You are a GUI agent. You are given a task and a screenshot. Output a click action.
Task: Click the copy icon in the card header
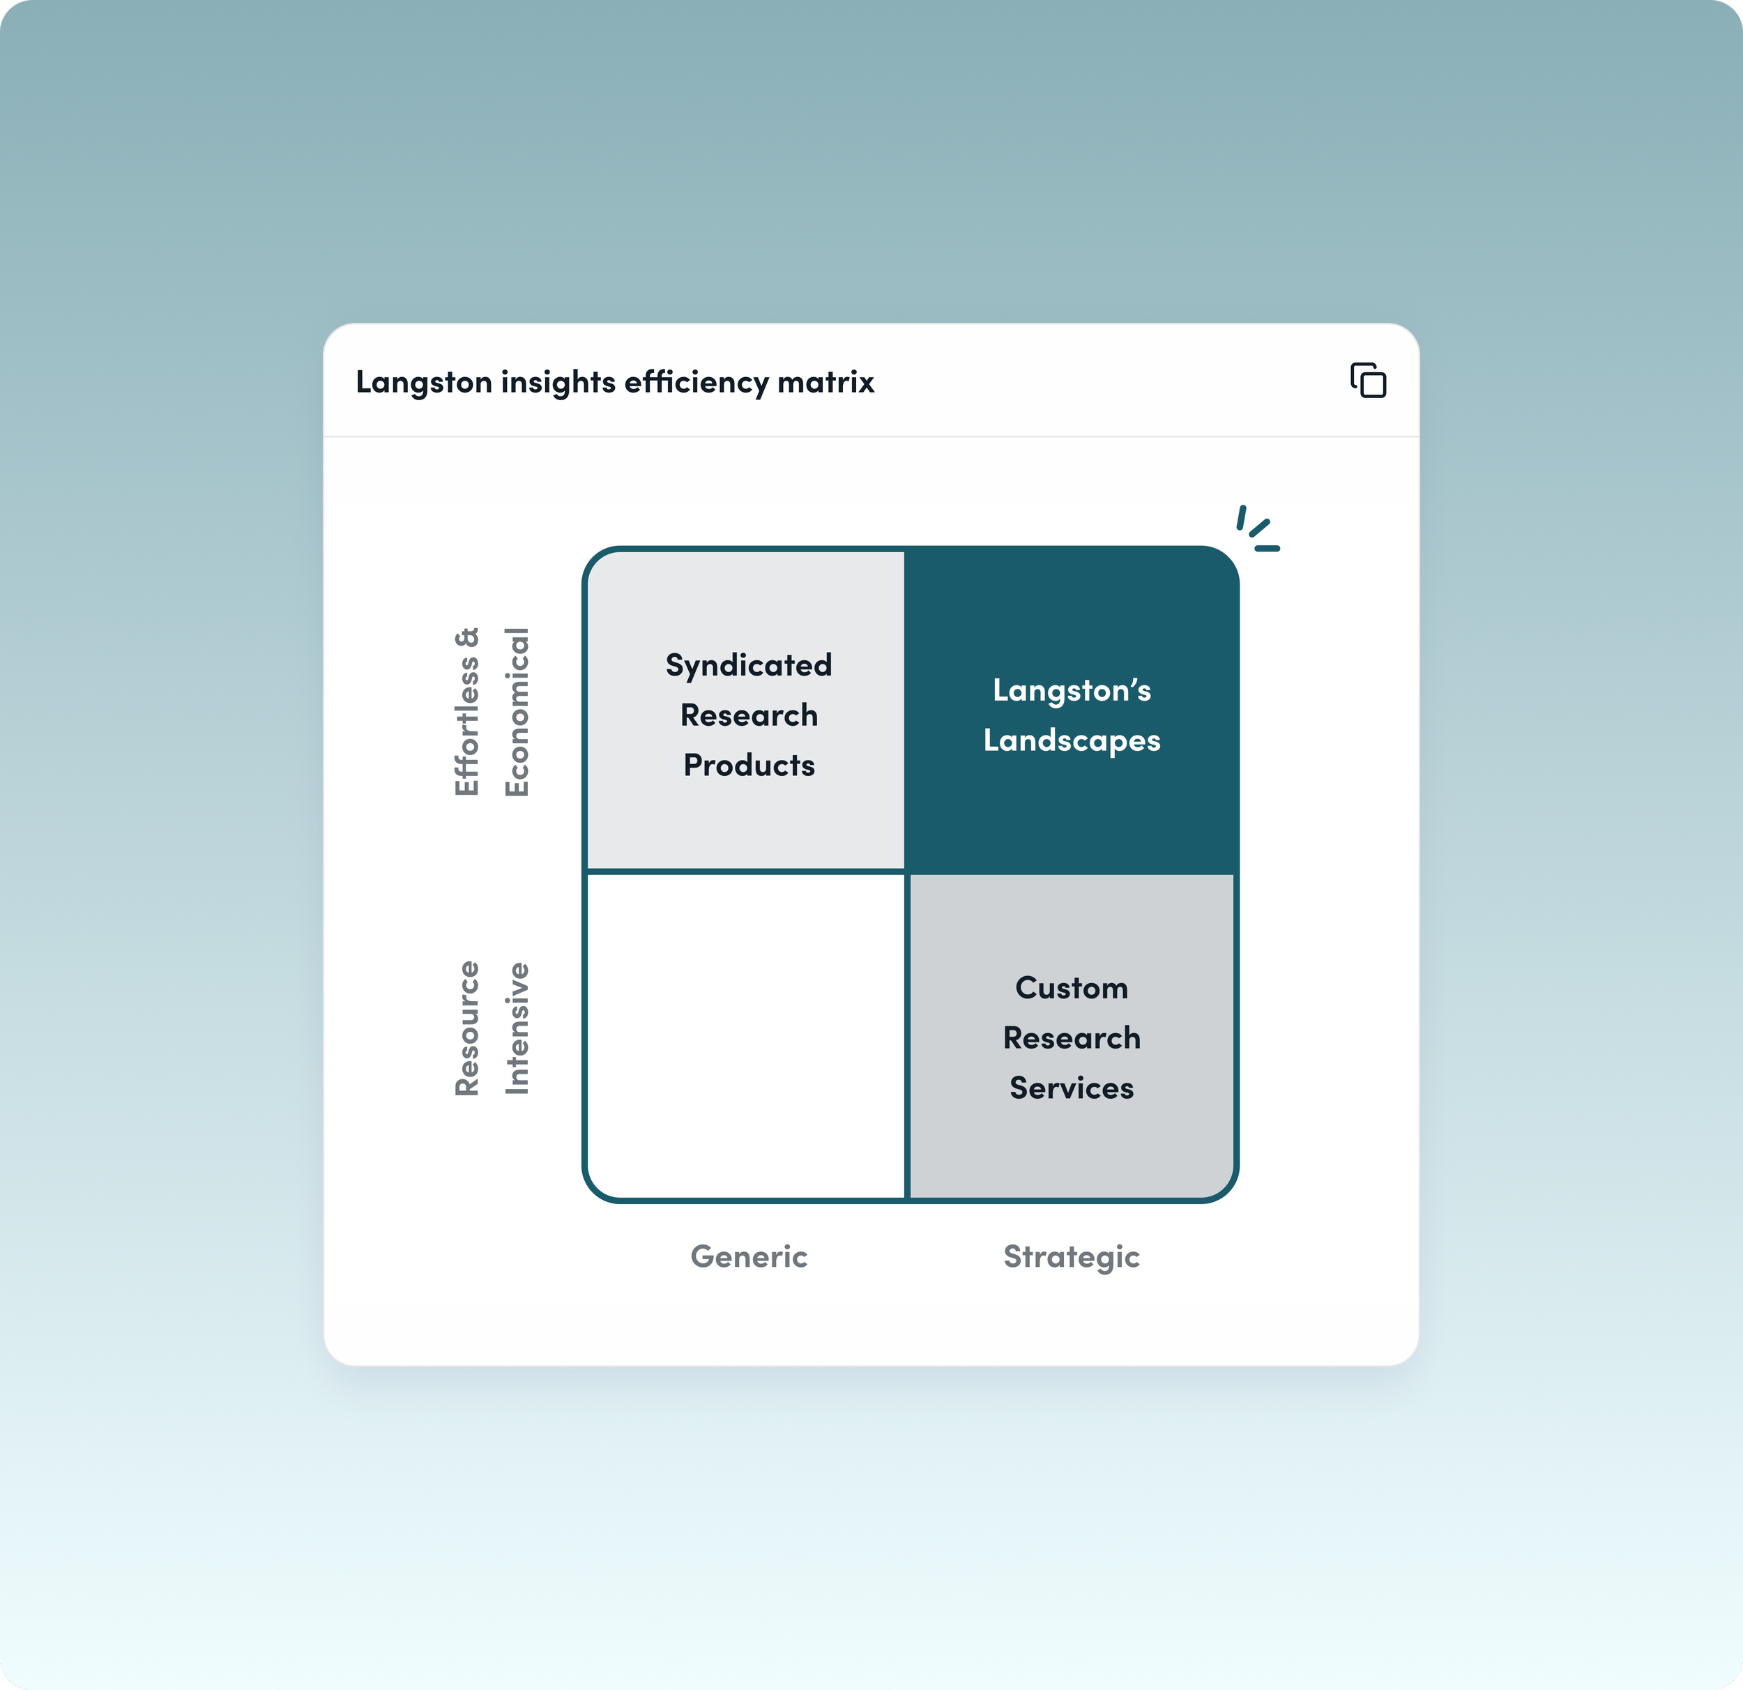pyautogui.click(x=1368, y=381)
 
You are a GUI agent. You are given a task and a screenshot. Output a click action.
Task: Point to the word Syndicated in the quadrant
pyautogui.click(x=749, y=665)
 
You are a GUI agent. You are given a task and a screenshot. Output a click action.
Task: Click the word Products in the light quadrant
pyautogui.click(x=749, y=766)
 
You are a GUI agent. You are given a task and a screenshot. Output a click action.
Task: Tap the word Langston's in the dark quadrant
pyautogui.click(x=1072, y=690)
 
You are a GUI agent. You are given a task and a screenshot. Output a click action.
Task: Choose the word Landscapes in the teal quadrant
pyautogui.click(x=1072, y=741)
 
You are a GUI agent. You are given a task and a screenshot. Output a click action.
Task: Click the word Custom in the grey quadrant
pyautogui.click(x=1072, y=988)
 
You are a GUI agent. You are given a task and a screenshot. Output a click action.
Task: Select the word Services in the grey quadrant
pyautogui.click(x=1072, y=1089)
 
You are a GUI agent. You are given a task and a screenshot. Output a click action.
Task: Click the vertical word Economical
pyautogui.click(x=517, y=712)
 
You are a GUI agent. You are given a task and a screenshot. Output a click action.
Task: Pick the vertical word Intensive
pyautogui.click(x=517, y=1028)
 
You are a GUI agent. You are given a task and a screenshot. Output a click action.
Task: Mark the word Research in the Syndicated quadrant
pyautogui.click(x=749, y=715)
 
